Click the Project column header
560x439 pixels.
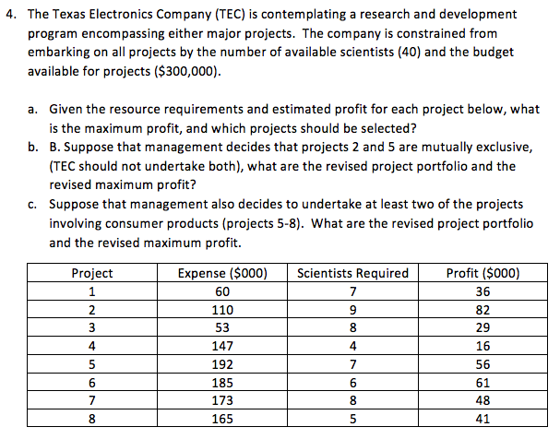pyautogui.click(x=92, y=273)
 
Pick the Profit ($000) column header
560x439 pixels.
pyautogui.click(x=483, y=273)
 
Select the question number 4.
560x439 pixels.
pyautogui.click(x=9, y=16)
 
